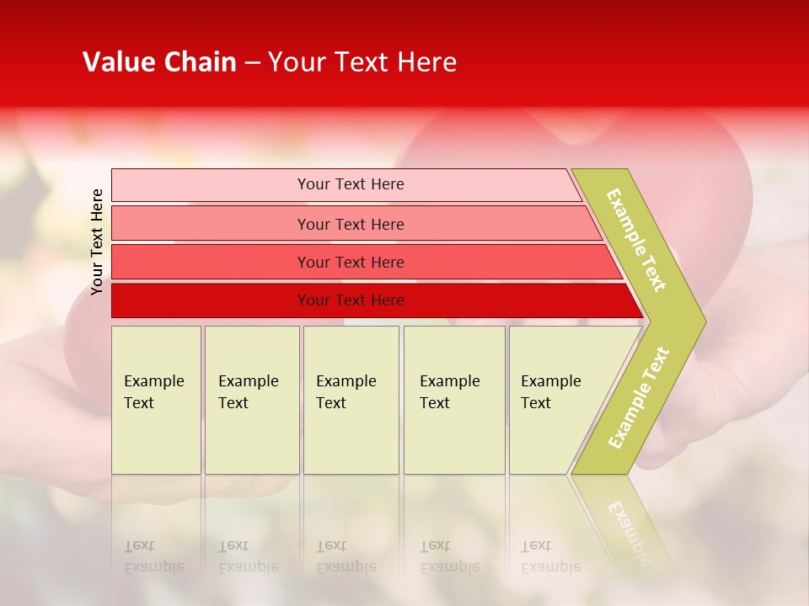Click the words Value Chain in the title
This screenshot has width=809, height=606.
(x=159, y=62)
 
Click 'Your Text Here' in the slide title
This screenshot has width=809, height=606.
(x=362, y=62)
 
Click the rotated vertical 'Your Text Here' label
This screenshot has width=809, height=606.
(x=97, y=242)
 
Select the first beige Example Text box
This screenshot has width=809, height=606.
(x=156, y=400)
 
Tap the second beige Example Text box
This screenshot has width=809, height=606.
(x=252, y=400)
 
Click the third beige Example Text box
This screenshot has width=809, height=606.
(x=351, y=400)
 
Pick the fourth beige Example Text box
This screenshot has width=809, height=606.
(x=454, y=400)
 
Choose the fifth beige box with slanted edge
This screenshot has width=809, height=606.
(x=556, y=400)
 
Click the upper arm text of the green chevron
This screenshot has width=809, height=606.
(x=636, y=240)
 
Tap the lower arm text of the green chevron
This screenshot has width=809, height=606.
(x=639, y=398)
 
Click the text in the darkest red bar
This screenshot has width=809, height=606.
(x=351, y=300)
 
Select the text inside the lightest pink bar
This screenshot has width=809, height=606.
(x=351, y=184)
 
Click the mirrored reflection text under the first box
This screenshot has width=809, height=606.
(x=153, y=556)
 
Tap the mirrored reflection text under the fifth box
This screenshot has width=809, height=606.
(x=550, y=556)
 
